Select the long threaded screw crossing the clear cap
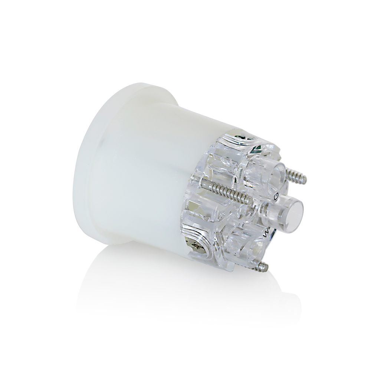[x=226, y=193]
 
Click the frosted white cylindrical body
[x=148, y=174]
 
